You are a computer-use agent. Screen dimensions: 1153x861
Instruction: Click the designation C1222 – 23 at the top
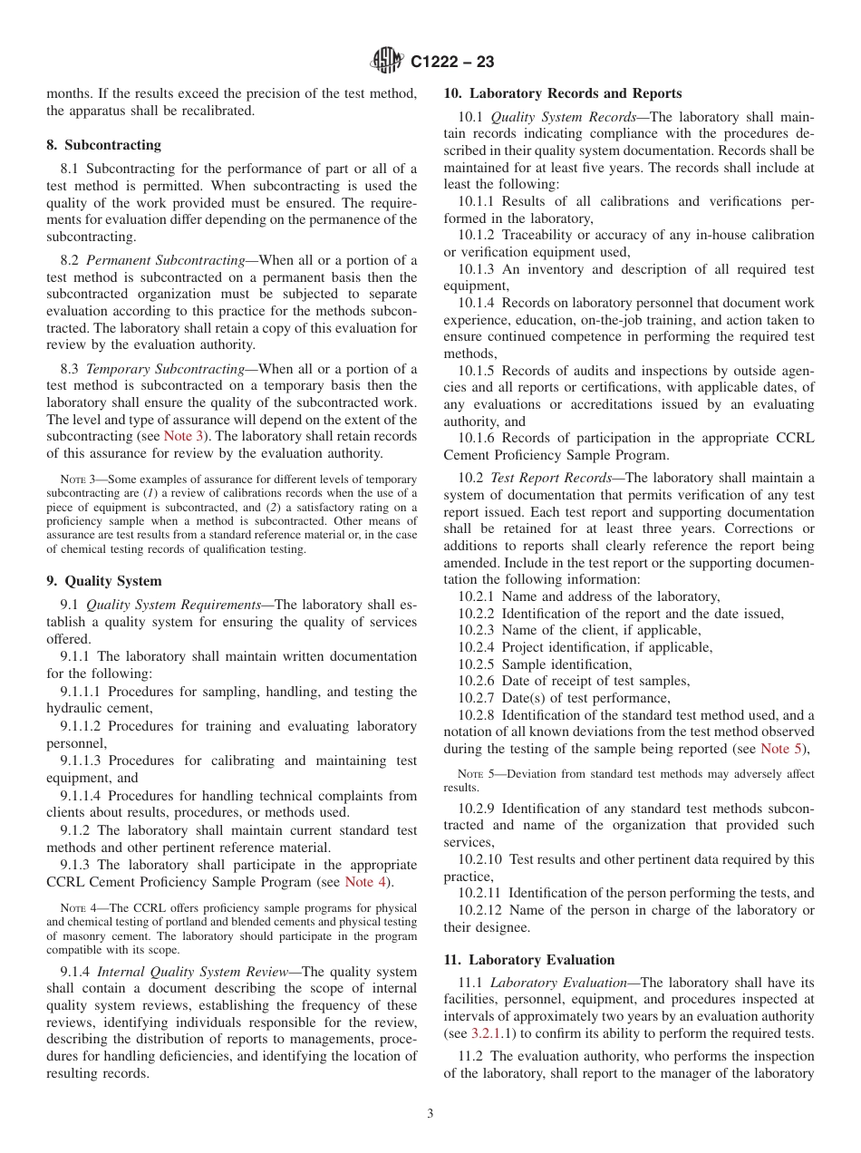tap(452, 63)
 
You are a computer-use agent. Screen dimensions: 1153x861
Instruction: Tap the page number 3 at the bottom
tap(430, 1113)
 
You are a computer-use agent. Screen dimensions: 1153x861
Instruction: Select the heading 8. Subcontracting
tap(103, 145)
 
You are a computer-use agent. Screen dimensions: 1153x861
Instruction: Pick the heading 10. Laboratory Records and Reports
tap(562, 93)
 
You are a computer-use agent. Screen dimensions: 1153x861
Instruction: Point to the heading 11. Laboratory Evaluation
tap(528, 960)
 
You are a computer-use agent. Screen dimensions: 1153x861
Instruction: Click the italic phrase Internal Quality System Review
tap(187, 971)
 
